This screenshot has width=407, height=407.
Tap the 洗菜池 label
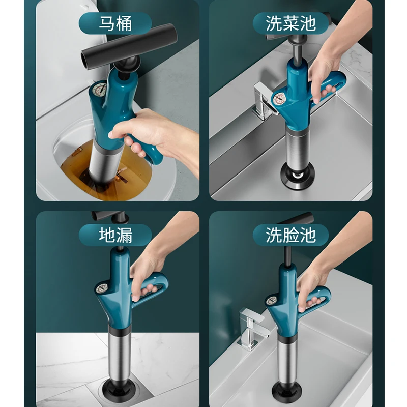point(291,23)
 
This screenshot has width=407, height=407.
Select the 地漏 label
point(116,235)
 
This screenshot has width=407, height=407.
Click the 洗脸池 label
point(291,235)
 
